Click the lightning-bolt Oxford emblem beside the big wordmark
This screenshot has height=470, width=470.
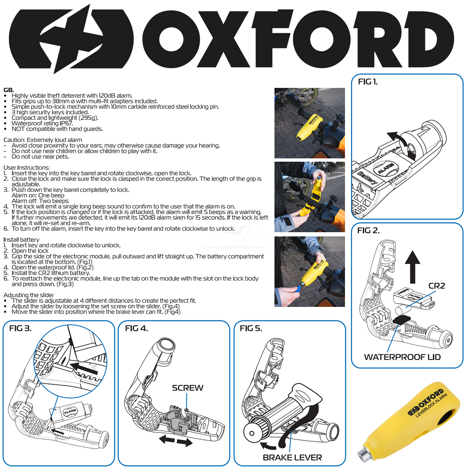click(x=71, y=39)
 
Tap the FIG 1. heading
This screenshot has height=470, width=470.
click(x=368, y=82)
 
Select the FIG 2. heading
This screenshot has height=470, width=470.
click(x=368, y=230)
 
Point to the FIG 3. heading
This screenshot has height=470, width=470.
click(x=20, y=328)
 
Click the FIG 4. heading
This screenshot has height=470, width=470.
click(x=136, y=328)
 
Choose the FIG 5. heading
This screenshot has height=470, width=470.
click(x=251, y=328)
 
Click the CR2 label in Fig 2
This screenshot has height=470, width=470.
click(x=437, y=286)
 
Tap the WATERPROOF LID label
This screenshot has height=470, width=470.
click(x=402, y=357)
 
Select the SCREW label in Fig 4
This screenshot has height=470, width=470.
click(x=188, y=388)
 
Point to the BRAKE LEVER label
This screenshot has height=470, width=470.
click(x=292, y=457)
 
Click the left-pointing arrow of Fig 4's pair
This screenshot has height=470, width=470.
click(x=167, y=439)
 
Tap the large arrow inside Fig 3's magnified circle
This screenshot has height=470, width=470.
click(x=85, y=368)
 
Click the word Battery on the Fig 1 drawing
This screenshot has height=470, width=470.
click(x=367, y=178)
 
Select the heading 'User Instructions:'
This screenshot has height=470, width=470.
click(x=27, y=168)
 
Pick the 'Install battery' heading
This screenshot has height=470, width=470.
click(x=21, y=240)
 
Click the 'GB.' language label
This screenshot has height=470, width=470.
click(x=8, y=90)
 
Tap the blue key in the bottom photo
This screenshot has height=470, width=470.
click(x=297, y=289)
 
